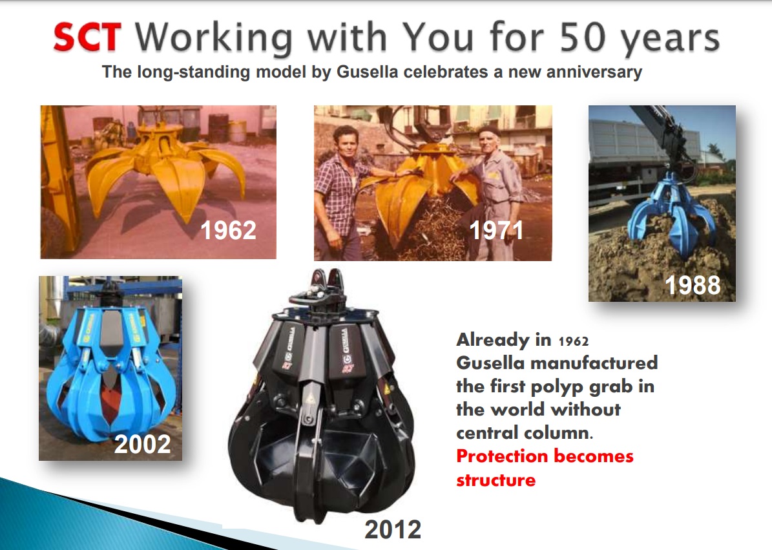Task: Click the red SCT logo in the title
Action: click(87, 37)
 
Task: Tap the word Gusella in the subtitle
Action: click(368, 72)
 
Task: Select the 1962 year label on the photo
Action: click(229, 230)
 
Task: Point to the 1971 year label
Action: click(496, 230)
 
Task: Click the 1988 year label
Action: click(693, 285)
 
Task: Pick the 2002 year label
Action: click(143, 444)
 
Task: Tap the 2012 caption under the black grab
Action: click(393, 530)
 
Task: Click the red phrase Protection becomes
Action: click(545, 456)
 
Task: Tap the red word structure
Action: click(496, 480)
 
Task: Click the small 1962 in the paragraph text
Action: click(574, 341)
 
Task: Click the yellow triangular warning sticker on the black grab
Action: click(310, 397)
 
